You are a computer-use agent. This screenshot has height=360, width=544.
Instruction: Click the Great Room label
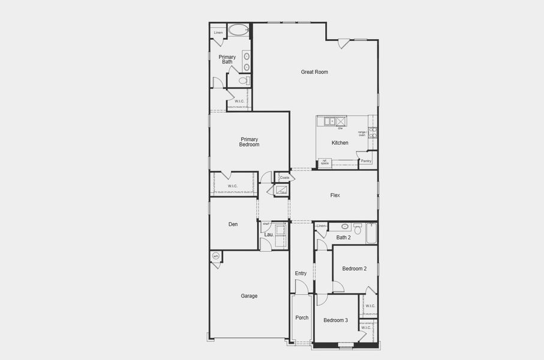[314, 72]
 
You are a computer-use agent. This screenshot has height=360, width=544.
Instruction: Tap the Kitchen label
[340, 143]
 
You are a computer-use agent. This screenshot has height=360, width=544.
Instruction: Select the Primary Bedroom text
[249, 142]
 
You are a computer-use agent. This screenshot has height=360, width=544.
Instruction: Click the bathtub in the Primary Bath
[239, 30]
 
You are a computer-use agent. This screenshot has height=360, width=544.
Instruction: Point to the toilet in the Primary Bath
[244, 80]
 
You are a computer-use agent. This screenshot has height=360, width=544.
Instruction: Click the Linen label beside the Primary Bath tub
[218, 32]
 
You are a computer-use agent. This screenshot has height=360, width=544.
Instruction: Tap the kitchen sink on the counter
[329, 121]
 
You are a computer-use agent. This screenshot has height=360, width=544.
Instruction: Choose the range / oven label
[362, 133]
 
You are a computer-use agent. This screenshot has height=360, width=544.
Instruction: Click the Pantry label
[366, 161]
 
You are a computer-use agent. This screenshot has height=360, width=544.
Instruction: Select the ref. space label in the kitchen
[324, 162]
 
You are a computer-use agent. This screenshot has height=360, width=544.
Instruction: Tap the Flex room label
[335, 195]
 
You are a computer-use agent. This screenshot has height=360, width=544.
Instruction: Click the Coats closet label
[285, 178]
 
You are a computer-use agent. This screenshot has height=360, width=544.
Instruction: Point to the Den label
[233, 224]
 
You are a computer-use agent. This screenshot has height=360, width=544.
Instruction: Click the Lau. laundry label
[269, 235]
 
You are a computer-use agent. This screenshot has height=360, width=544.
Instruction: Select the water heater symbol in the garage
[216, 256]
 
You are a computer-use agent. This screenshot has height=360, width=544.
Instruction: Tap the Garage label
[249, 296]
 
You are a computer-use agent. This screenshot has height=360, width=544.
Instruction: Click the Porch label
[302, 317]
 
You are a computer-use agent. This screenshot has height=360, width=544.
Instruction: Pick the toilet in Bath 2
[358, 228]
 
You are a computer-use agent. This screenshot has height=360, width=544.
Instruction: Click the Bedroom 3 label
[336, 320]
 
